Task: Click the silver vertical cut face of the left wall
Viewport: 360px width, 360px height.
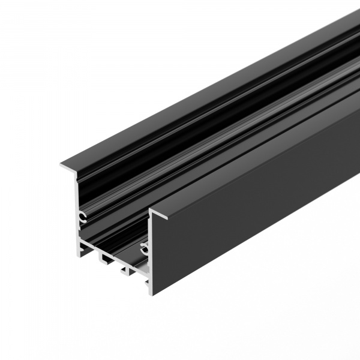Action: tap(77, 204)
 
